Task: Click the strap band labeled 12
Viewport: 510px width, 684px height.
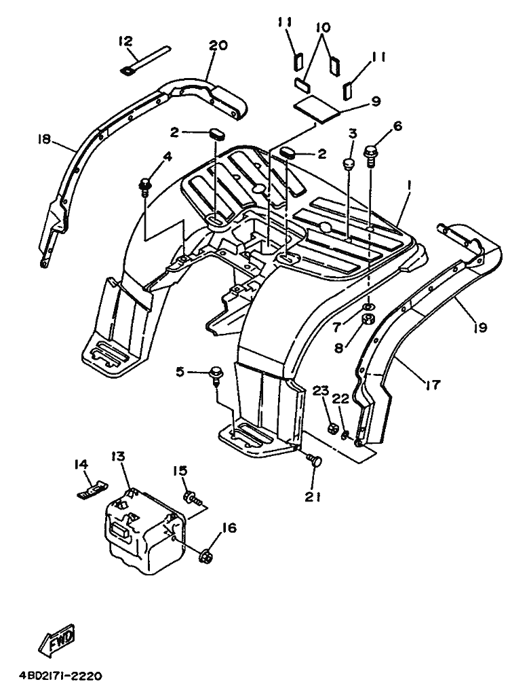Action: coord(143,58)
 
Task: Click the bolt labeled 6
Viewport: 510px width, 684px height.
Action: coord(370,157)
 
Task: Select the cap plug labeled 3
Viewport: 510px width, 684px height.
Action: coord(349,164)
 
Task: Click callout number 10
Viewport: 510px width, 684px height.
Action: coord(323,27)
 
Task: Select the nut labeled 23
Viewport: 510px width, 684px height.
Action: coord(332,428)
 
